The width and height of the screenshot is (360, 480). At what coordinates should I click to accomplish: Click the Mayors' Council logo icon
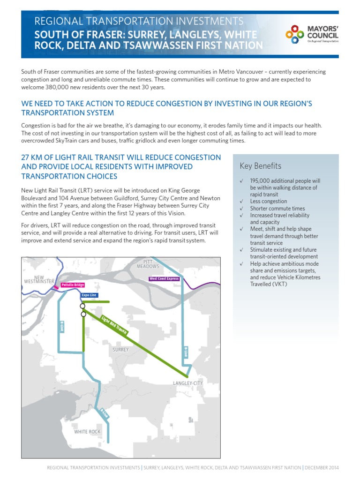pos(295,34)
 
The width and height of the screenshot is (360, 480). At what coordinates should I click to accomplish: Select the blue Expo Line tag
pos(89,295)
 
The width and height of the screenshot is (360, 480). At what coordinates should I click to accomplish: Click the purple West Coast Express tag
pos(164,278)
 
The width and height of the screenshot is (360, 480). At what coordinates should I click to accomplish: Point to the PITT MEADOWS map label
pos(148,263)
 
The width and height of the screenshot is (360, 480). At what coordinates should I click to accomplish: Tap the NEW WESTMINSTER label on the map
pos(39,279)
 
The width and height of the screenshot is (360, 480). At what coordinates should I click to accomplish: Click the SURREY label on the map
pos(120,350)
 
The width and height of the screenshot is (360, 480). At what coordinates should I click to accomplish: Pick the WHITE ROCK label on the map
pos(87,432)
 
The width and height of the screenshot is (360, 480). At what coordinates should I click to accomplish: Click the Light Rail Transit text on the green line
pos(114,326)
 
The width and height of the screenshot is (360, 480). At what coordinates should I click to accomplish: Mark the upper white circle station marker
pos(82,306)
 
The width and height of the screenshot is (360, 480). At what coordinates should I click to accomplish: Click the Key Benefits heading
pos(260,166)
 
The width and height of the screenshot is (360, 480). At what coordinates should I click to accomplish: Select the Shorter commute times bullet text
pos(277,209)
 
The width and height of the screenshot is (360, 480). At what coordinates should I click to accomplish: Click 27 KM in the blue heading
pos(32,157)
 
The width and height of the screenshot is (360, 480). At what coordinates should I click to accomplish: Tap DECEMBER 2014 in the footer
pos(322,468)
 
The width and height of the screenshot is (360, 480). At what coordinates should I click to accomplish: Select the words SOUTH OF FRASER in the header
pos(67,35)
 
